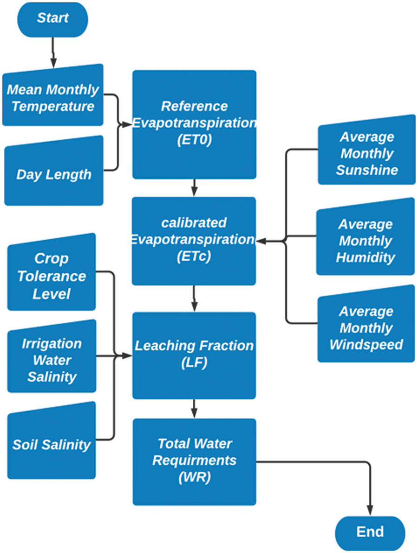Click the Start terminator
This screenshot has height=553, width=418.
(52, 19)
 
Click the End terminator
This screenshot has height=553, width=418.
(370, 532)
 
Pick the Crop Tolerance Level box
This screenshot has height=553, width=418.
(52, 276)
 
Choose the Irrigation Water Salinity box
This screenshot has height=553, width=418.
(52, 360)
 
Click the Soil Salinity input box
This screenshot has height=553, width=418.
(52, 444)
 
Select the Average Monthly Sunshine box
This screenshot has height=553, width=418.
(366, 153)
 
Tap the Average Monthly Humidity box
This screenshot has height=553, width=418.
(366, 241)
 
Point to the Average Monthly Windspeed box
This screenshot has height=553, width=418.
(366, 328)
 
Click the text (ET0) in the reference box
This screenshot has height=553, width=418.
(194, 140)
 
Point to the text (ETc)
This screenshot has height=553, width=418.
(194, 256)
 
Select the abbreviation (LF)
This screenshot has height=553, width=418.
(194, 363)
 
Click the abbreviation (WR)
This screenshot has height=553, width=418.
(194, 477)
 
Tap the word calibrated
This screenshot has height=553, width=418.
(194, 223)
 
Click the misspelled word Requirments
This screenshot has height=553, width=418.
(194, 461)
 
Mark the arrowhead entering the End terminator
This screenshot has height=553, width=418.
(370, 511)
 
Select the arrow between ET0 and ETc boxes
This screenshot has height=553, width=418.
(194, 188)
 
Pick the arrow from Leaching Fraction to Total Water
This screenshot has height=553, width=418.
(194, 409)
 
